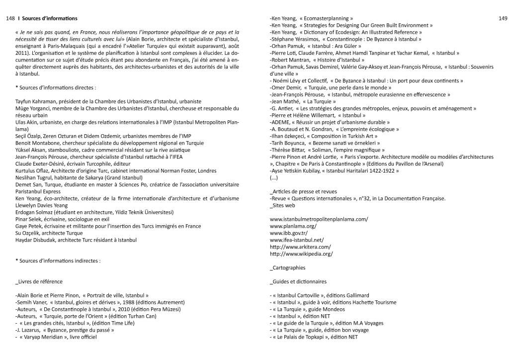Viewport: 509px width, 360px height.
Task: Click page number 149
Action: (502, 18)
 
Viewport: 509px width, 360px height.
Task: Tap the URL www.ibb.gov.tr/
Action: (288, 233)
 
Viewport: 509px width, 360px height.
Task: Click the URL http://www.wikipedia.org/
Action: (301, 254)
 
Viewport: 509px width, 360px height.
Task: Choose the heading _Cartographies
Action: (287, 268)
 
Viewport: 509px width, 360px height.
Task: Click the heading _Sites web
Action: (282, 205)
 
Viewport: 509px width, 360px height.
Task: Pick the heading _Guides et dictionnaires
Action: (298, 281)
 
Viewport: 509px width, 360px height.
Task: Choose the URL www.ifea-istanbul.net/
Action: (296, 240)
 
